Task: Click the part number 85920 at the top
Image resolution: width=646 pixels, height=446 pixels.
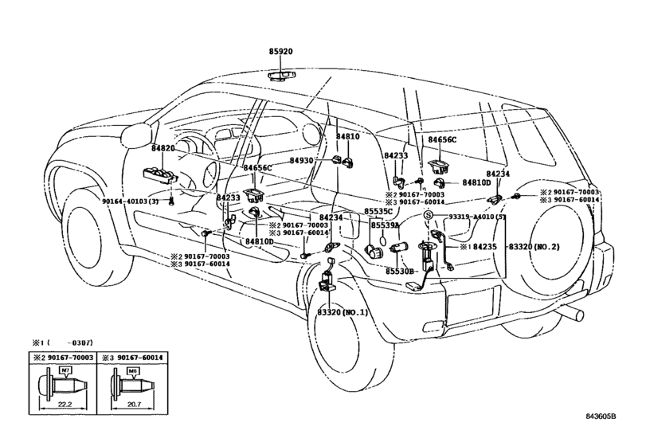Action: click(x=280, y=52)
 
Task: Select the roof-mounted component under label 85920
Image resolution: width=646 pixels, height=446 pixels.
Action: click(x=282, y=76)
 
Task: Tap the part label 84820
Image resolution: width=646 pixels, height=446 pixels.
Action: click(x=163, y=148)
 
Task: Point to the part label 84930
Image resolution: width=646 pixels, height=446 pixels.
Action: click(x=301, y=160)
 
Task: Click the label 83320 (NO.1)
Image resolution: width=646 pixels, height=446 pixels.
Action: click(x=343, y=312)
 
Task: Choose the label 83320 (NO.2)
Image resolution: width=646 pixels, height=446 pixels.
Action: click(x=534, y=247)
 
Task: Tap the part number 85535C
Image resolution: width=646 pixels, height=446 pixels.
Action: click(x=378, y=211)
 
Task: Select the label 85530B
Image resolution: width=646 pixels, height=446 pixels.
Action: click(x=399, y=272)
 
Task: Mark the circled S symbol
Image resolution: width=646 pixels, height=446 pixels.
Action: click(x=429, y=215)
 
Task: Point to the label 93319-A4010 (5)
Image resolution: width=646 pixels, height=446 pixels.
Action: click(x=477, y=216)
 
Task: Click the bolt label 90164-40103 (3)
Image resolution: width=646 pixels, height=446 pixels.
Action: click(x=130, y=201)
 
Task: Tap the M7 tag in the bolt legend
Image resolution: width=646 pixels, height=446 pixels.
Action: click(x=65, y=371)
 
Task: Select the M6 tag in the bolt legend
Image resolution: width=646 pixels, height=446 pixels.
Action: click(x=132, y=371)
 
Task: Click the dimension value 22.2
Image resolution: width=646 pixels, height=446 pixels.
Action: click(x=65, y=405)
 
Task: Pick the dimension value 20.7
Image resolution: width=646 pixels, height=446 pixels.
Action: click(x=134, y=405)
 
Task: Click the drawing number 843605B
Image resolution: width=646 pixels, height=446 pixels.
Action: click(x=601, y=417)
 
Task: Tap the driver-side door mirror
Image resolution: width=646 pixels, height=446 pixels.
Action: click(x=135, y=135)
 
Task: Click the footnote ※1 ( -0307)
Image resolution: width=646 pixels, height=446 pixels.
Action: click(x=63, y=342)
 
